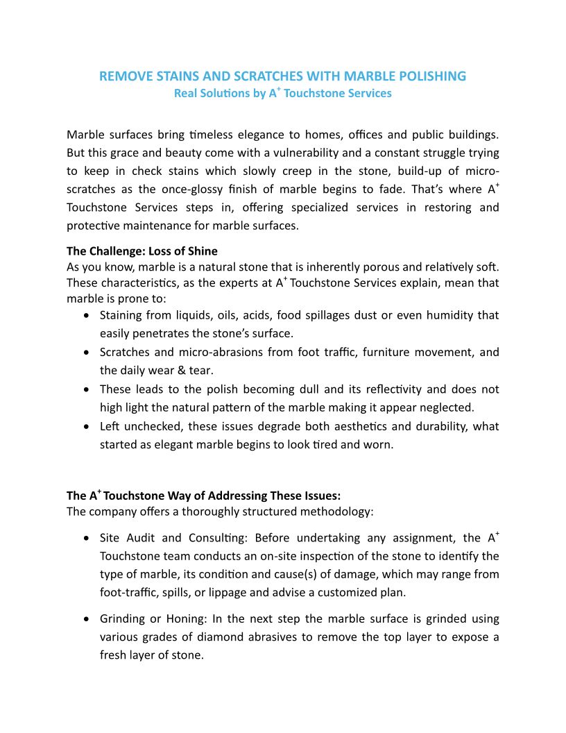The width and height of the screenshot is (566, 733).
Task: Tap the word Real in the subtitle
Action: [185, 93]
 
